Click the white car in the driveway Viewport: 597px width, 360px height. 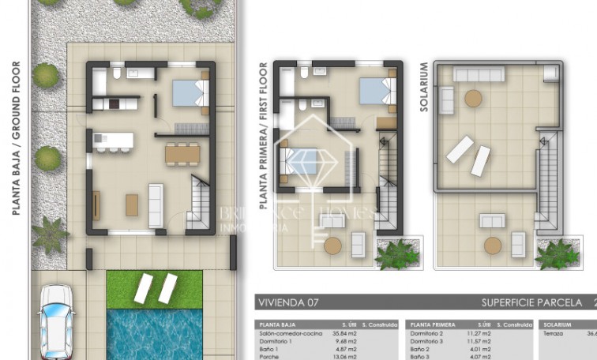(x=58, y=321)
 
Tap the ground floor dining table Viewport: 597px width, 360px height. (x=182, y=152)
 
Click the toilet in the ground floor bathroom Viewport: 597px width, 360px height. (x=117, y=74)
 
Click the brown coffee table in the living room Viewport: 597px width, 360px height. (x=132, y=204)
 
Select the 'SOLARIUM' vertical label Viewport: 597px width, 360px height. (x=424, y=87)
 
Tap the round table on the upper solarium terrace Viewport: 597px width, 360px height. (x=473, y=99)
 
